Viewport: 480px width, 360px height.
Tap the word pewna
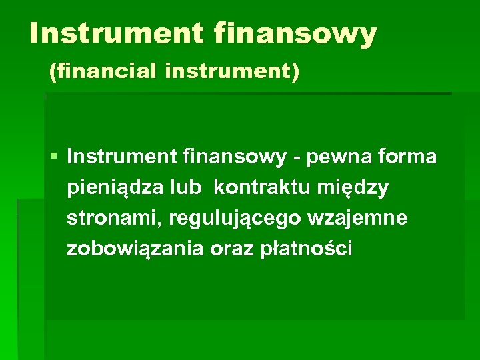tap(336, 157)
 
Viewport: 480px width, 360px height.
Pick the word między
tap(356, 189)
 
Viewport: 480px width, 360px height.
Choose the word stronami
tap(115, 219)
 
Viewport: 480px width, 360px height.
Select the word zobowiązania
tap(135, 249)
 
